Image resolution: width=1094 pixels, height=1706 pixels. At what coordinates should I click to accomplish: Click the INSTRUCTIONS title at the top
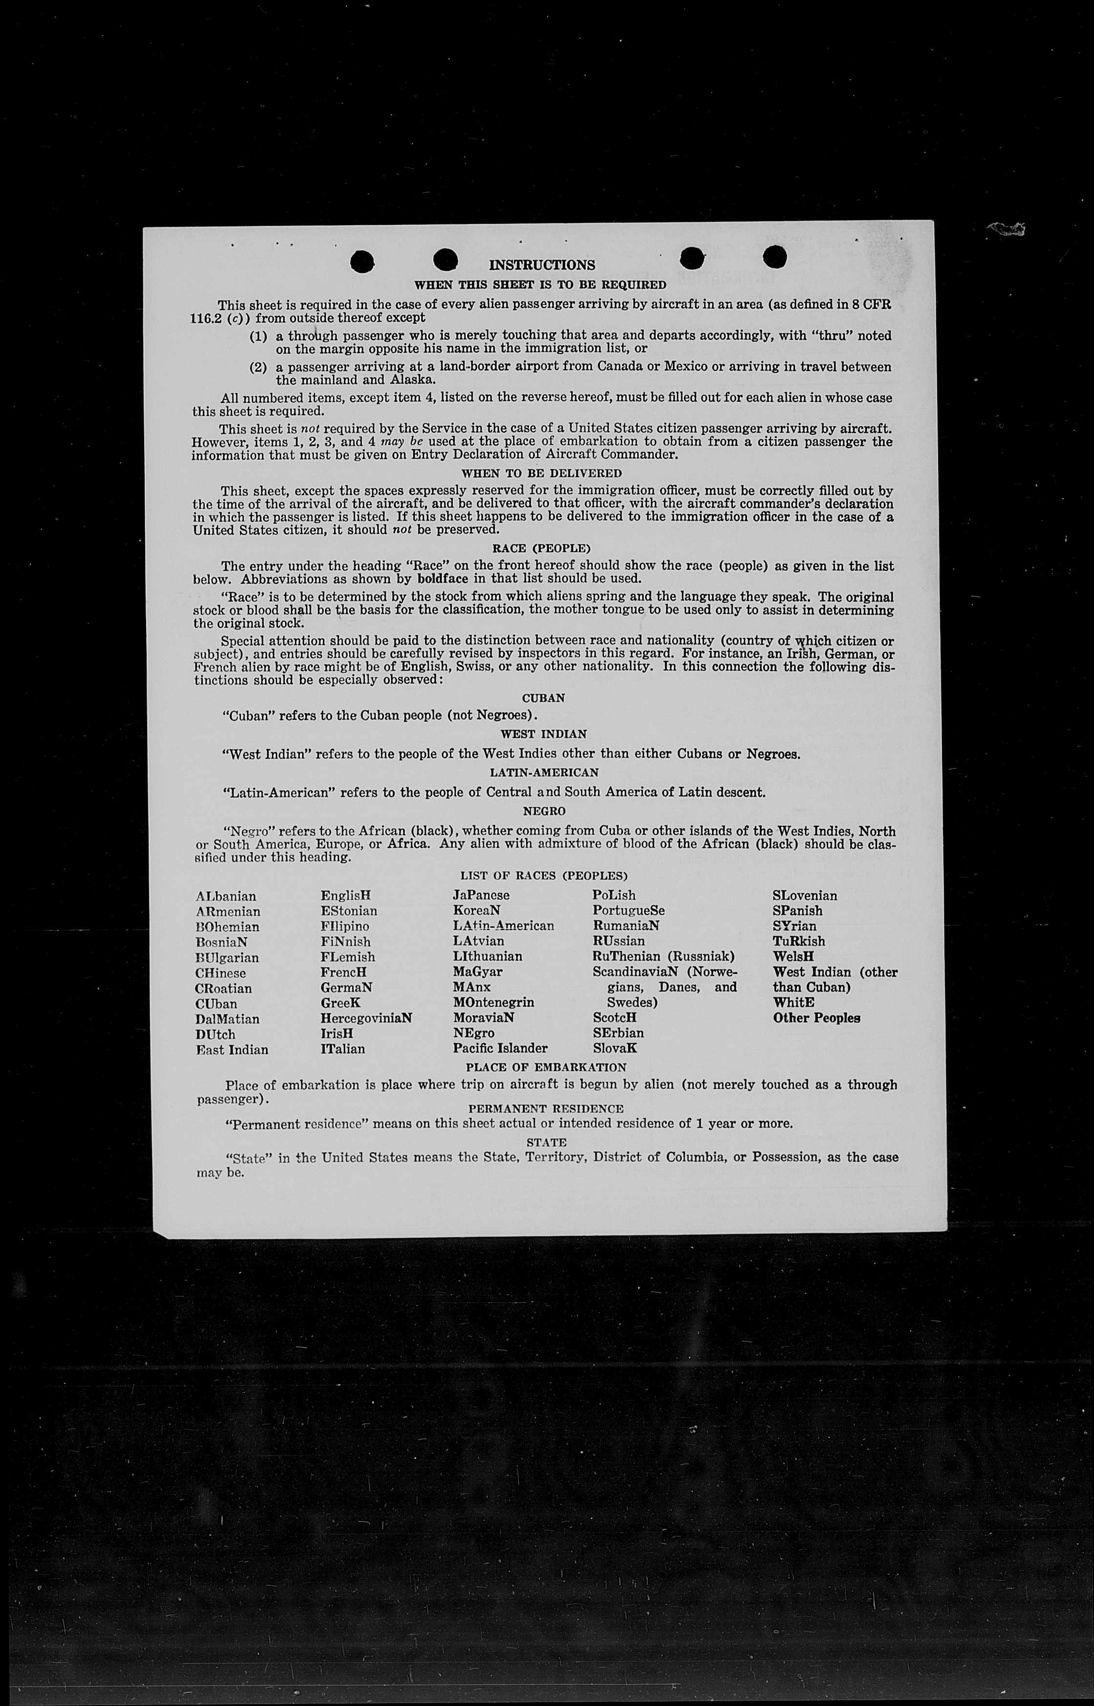(542, 265)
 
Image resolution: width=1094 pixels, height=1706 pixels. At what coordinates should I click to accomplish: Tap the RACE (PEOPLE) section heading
(541, 549)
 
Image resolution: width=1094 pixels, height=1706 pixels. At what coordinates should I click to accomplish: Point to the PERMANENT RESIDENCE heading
(546, 1108)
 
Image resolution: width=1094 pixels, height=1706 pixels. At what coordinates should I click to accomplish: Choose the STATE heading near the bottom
(547, 1143)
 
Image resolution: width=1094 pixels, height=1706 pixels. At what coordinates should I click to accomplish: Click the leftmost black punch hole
(363, 261)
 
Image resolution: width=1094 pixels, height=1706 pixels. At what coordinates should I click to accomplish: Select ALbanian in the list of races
(226, 896)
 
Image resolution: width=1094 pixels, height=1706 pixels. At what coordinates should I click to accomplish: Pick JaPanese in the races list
(481, 895)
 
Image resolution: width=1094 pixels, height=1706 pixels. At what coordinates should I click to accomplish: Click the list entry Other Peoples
(816, 1017)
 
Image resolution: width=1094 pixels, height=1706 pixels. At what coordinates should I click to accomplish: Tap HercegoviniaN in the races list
(366, 1018)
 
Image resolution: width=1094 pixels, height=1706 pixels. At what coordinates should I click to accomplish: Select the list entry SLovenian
(805, 896)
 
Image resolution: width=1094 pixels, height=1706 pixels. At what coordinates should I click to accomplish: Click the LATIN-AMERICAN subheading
(544, 772)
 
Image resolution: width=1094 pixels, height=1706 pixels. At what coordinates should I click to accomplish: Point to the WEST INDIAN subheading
(544, 734)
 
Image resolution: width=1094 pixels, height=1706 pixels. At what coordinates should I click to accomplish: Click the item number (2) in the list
(257, 367)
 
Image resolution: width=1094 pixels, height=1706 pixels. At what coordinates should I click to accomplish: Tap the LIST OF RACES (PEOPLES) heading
(544, 876)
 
